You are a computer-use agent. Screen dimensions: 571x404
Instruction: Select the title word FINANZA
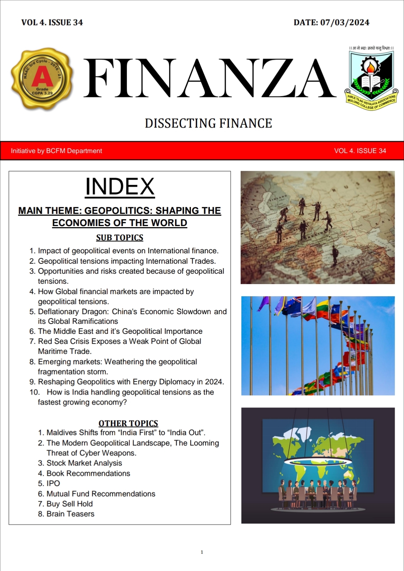click(x=210, y=78)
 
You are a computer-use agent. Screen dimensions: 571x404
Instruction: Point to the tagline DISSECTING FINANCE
click(x=208, y=123)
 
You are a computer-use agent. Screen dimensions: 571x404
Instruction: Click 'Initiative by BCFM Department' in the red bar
click(x=56, y=151)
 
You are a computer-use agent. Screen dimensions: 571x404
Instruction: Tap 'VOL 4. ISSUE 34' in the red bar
click(x=360, y=151)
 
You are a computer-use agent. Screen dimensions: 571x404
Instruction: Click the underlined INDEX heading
click(x=120, y=186)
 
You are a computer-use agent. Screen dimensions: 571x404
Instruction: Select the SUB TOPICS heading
click(x=119, y=238)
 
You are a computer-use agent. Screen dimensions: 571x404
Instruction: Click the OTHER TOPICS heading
click(x=128, y=423)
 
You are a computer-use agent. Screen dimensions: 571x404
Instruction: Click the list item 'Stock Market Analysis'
click(x=84, y=463)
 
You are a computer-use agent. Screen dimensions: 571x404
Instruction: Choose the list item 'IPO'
click(x=53, y=483)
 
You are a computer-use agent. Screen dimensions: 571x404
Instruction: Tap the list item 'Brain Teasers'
click(x=70, y=514)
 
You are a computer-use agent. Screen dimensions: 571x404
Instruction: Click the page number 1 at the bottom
click(x=202, y=552)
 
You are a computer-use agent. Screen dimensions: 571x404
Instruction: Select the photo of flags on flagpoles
click(x=318, y=346)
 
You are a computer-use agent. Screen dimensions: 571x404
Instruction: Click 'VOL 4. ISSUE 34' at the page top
click(x=52, y=23)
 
